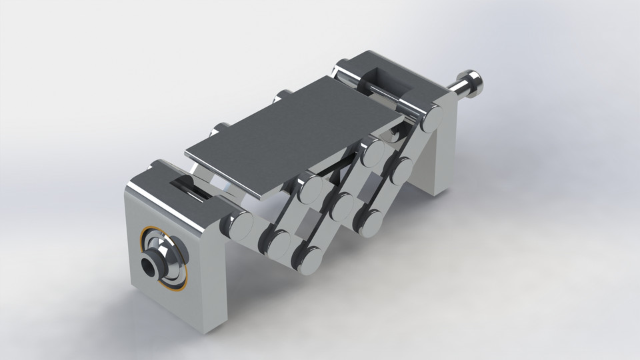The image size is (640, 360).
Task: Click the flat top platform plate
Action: pos(293,133)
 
